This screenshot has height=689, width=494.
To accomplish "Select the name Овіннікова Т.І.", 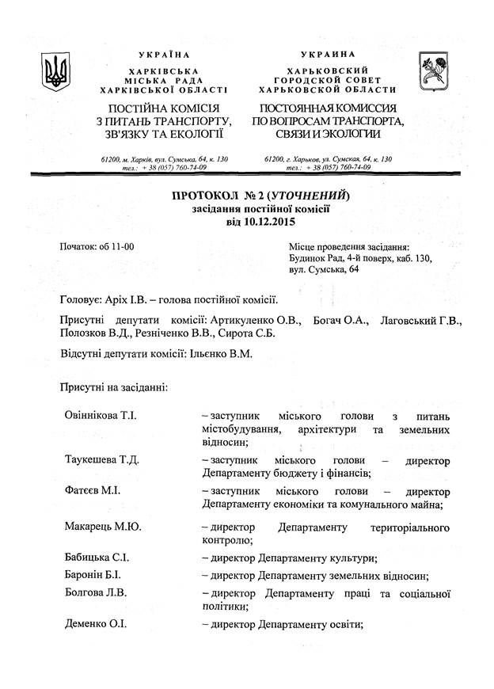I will [101, 416].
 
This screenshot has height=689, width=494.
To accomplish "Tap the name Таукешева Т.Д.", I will [102, 461].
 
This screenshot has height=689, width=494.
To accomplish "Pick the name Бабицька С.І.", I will [97, 558].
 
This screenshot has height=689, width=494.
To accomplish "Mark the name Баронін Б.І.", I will [93, 576].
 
